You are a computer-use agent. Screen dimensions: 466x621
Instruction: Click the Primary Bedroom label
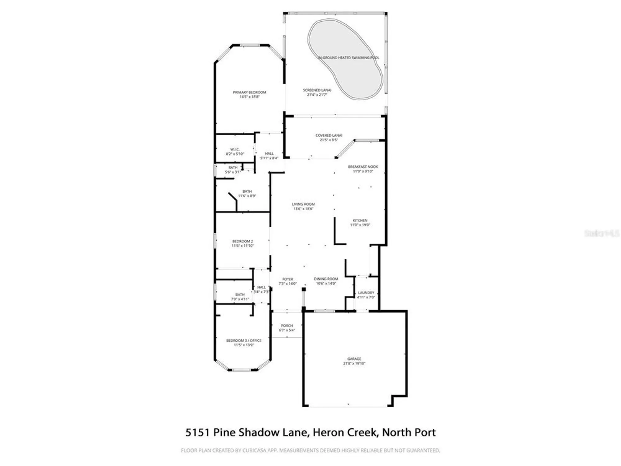click(249, 92)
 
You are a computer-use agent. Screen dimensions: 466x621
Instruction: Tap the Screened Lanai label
click(317, 90)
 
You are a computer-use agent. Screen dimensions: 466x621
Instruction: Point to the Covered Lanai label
click(329, 135)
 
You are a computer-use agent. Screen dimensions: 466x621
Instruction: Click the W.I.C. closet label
click(235, 149)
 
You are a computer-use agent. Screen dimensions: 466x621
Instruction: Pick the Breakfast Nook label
click(363, 167)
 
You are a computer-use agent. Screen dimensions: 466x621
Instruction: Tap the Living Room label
click(303, 204)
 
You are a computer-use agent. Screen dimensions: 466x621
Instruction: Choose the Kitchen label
click(360, 221)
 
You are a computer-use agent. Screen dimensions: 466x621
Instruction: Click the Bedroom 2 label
click(243, 241)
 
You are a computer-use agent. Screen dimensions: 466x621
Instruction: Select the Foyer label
click(288, 279)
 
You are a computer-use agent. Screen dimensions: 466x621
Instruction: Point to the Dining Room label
click(326, 279)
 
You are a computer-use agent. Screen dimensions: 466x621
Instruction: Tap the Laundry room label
click(366, 293)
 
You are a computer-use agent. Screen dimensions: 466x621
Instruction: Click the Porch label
click(287, 326)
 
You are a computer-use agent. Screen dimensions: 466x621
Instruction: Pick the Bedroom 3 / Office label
click(244, 340)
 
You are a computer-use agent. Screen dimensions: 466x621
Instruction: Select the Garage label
click(354, 359)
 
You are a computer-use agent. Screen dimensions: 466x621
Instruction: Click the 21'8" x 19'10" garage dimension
click(354, 363)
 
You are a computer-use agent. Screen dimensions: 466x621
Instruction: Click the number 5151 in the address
click(197, 432)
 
